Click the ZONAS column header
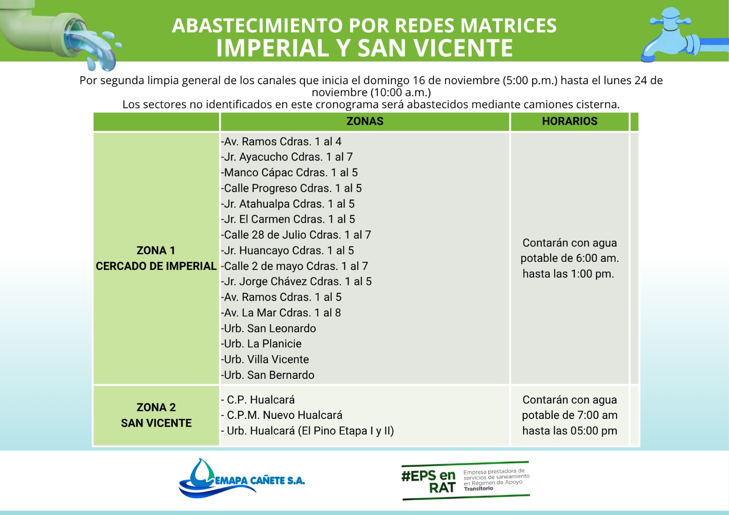[364, 121]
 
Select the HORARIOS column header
[570, 121]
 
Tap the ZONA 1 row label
[156, 250]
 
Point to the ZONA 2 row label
[156, 407]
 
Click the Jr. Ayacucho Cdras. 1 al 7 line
[287, 157]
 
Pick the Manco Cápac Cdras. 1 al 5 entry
[290, 173]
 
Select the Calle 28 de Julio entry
[296, 235]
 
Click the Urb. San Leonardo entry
[269, 328]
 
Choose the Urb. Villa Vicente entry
[265, 359]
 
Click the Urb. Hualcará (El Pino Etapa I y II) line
[308, 431]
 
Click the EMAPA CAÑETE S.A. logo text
[260, 481]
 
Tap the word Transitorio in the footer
[478, 489]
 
